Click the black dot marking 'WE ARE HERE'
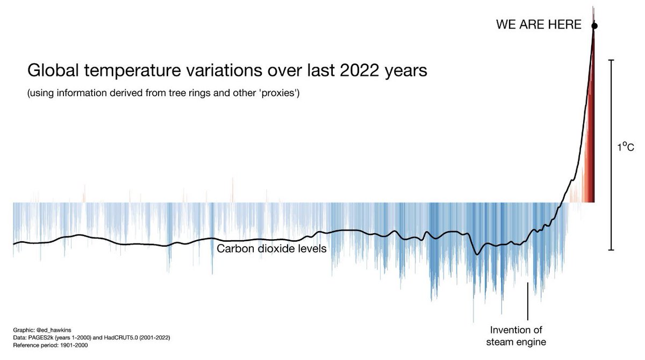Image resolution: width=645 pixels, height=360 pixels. pyautogui.click(x=594, y=25)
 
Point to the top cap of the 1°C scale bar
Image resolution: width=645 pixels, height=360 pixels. pyautogui.click(x=611, y=60)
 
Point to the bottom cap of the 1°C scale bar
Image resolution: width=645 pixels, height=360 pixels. pyautogui.click(x=611, y=250)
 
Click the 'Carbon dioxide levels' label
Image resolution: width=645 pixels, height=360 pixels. pyautogui.click(x=271, y=249)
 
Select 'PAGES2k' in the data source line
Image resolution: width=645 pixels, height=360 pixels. pyautogui.click(x=44, y=337)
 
